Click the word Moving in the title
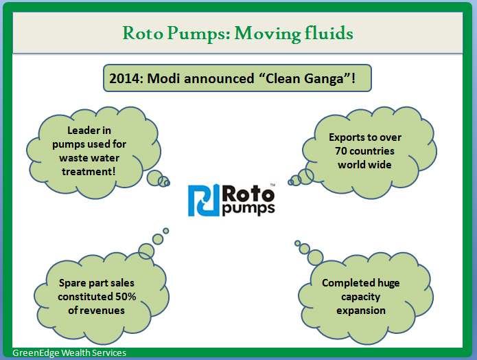267,34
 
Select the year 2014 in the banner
124,78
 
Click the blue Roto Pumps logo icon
204,200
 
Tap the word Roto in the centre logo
248,194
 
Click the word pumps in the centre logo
248,209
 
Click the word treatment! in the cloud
89,172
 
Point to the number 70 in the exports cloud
340,151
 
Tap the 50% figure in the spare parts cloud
126,297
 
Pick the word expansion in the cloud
361,311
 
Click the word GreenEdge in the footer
36,353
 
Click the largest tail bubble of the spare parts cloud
146,251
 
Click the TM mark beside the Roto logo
272,185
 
